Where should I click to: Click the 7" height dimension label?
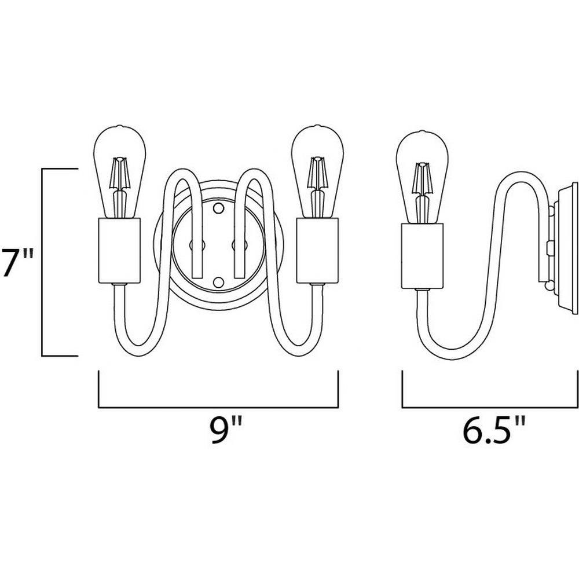[x=18, y=262]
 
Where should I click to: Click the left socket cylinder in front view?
[x=119, y=250]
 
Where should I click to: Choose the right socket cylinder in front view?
[x=317, y=250]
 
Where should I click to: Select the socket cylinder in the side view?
[x=422, y=256]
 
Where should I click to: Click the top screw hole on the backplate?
[x=219, y=208]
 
